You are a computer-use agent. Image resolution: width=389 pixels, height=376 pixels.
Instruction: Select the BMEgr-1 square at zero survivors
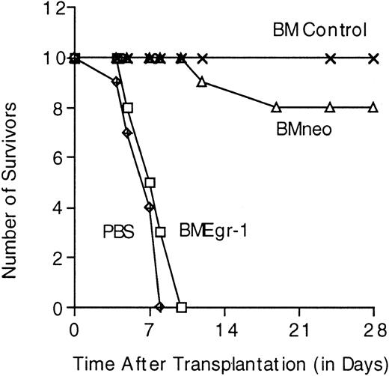[x=181, y=306]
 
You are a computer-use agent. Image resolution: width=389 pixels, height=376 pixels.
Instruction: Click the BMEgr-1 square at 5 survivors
[x=150, y=182]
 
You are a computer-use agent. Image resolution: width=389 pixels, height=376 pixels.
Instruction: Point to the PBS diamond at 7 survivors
[x=127, y=133]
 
